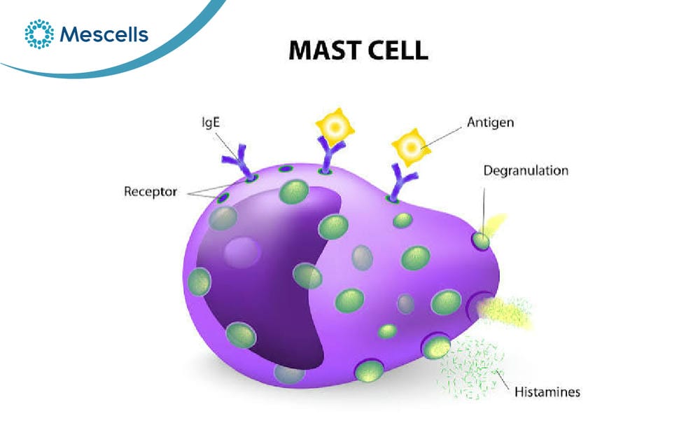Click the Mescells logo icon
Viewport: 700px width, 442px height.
coord(39,34)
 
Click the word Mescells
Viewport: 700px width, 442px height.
coord(104,34)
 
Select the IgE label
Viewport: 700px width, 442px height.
coord(211,122)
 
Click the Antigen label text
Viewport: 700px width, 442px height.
coord(490,123)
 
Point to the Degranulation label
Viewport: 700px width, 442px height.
coord(526,170)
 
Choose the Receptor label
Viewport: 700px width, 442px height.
coord(150,192)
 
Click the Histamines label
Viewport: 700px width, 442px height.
coord(547,392)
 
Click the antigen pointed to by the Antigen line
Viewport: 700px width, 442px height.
coord(411,147)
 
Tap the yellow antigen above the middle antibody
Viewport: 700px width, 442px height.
coord(335,127)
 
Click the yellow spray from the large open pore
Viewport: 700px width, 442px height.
coord(505,312)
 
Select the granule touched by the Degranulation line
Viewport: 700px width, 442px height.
coord(481,241)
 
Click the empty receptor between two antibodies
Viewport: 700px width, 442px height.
coord(286,169)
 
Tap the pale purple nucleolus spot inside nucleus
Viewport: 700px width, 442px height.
coord(242,252)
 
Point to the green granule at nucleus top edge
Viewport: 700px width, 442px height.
coord(294,192)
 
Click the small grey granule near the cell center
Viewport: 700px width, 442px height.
coord(405,304)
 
